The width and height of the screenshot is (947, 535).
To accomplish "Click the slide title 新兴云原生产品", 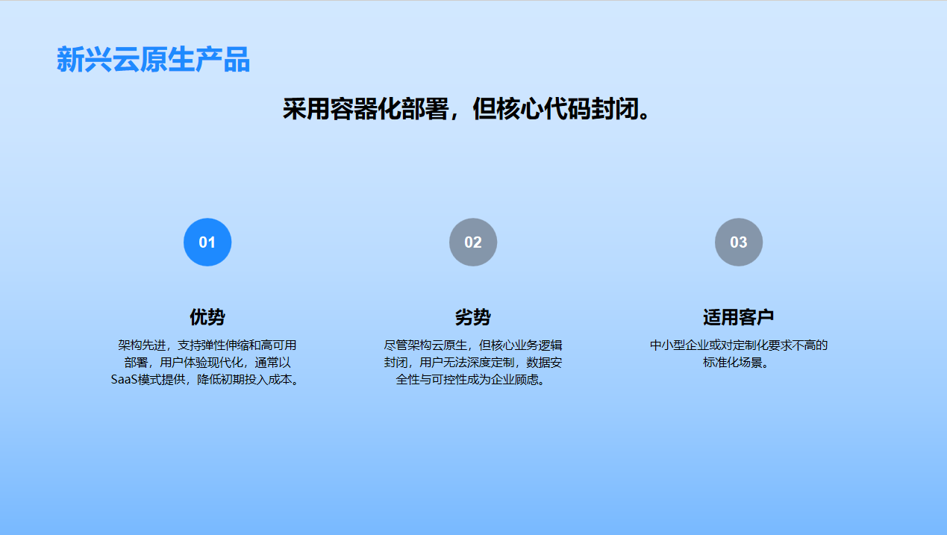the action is (153, 60).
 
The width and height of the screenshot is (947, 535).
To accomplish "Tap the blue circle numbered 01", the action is (207, 243).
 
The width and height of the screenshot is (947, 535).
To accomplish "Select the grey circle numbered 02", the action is (473, 243).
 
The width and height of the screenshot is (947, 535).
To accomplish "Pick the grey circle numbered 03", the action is (739, 243).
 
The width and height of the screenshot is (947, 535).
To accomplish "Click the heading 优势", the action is (207, 317).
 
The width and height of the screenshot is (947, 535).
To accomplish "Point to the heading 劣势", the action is (473, 317).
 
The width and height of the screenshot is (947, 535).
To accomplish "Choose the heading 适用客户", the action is (739, 317).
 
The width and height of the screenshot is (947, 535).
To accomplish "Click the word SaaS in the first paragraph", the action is (125, 380).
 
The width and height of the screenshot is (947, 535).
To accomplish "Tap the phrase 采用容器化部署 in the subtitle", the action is (365, 109).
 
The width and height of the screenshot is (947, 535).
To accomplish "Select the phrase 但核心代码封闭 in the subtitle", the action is (555, 109).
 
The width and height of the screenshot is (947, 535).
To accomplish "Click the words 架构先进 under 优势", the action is (142, 345).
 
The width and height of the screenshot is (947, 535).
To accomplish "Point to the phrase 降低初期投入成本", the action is (244, 380).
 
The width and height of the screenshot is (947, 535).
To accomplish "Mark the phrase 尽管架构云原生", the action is (425, 345).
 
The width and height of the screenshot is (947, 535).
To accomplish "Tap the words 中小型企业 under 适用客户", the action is (679, 345).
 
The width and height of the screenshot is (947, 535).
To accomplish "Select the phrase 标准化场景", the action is (733, 363).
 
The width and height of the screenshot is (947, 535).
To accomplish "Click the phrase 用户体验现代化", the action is (201, 363).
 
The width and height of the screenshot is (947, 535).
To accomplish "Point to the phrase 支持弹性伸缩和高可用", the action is (237, 345).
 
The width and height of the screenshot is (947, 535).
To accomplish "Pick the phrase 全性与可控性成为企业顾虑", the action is (467, 380).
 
